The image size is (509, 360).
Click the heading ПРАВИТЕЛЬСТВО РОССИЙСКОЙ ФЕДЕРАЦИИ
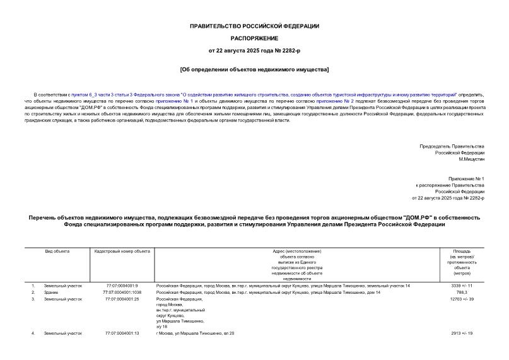click(254, 26)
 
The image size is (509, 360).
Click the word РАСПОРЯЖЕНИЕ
click(254, 38)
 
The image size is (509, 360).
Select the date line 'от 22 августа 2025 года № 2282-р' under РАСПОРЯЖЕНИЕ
click(254, 50)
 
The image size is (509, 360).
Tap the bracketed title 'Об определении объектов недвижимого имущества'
click(254, 68)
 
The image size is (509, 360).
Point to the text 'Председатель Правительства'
click(452, 146)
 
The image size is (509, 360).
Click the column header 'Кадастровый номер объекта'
click(122, 251)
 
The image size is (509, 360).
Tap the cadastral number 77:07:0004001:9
click(122, 286)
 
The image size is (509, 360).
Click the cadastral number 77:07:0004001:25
click(122, 299)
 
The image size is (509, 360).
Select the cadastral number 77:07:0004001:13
click(122, 332)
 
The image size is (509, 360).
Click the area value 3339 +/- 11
click(462, 286)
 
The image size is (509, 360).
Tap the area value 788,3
click(462, 293)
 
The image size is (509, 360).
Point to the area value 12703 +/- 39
click(462, 299)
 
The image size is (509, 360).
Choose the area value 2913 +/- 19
click(462, 332)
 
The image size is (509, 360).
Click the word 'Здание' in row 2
click(51, 293)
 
